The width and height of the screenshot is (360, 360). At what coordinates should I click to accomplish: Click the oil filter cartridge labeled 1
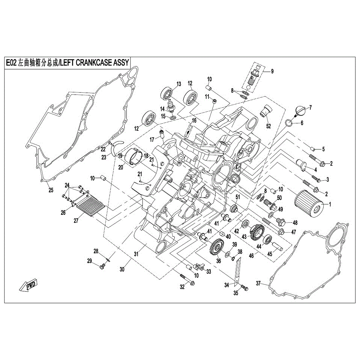(309, 203)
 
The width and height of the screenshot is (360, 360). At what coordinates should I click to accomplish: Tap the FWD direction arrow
(28, 286)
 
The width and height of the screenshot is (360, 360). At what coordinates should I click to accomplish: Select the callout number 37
(258, 283)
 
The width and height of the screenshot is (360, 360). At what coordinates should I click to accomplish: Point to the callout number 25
(51, 190)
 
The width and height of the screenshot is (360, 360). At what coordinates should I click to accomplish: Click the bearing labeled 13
(167, 94)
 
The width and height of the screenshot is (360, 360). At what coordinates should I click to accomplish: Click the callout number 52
(268, 126)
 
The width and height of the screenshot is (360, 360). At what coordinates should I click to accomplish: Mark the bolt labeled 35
(244, 287)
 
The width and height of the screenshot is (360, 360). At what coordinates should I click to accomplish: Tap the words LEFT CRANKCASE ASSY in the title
(94, 63)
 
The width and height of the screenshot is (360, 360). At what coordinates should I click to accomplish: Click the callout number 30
(122, 269)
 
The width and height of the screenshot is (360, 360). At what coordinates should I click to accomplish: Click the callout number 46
(251, 255)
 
